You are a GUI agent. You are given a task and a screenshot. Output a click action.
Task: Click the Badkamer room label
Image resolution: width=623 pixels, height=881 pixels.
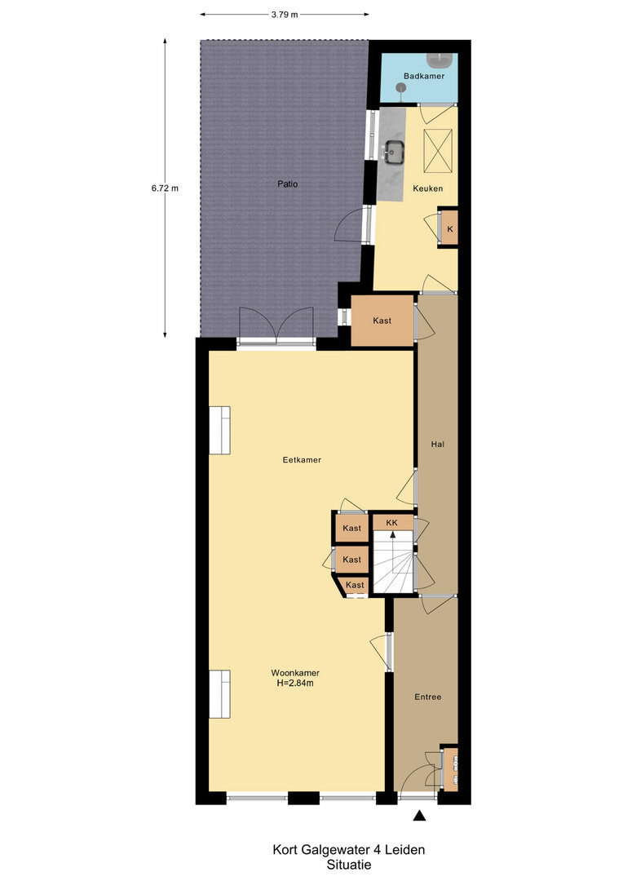[424, 76]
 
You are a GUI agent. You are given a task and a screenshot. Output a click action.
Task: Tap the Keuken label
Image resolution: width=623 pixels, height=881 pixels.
[427, 188]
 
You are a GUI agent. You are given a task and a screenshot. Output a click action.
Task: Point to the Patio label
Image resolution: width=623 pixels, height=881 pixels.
[288, 184]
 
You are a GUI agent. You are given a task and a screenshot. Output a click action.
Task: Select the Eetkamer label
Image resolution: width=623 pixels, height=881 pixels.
[302, 459]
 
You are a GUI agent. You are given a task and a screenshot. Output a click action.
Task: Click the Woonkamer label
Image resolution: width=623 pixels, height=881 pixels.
[295, 672]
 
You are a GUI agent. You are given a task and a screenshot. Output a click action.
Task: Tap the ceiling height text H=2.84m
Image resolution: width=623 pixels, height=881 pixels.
[295, 684]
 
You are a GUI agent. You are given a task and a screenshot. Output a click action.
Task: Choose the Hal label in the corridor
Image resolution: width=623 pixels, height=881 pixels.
[438, 444]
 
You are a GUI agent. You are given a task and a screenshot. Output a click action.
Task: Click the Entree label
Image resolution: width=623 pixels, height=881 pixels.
[427, 697]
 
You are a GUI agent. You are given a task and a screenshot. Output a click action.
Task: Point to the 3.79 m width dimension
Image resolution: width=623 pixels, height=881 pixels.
[285, 15]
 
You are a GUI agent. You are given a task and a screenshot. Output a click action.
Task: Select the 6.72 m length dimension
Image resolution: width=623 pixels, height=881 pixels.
[165, 188]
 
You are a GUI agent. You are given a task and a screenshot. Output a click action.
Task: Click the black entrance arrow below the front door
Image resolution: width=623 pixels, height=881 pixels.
[419, 815]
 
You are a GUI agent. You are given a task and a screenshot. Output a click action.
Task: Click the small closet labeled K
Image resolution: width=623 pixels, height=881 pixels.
[449, 229]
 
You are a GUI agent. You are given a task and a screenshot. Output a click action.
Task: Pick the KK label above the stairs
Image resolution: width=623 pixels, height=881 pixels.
[391, 523]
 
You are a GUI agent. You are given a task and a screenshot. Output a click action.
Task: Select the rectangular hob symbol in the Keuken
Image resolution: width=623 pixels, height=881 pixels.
[438, 152]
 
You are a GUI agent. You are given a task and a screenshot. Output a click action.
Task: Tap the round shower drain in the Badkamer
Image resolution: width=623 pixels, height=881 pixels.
[400, 87]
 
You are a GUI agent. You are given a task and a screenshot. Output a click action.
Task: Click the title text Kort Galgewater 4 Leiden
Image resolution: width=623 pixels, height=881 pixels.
[348, 849]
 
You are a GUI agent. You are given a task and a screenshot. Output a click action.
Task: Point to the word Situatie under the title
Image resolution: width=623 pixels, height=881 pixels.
[349, 866]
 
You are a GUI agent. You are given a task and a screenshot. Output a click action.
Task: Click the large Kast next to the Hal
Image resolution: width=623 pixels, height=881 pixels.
[382, 321]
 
